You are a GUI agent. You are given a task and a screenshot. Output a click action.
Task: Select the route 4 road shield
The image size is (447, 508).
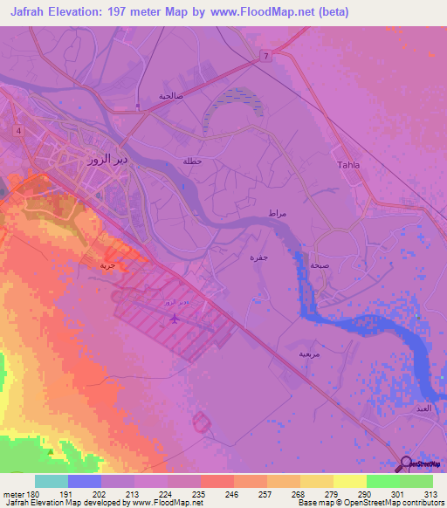[17, 130]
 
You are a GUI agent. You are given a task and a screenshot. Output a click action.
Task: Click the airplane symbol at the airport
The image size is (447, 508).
[174, 318]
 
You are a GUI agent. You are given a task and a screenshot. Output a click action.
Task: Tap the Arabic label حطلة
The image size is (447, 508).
[191, 161]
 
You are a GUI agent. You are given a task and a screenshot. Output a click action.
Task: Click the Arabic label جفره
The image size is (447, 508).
[259, 257]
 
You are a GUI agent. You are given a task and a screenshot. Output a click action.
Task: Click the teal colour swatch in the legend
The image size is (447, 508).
[51, 481]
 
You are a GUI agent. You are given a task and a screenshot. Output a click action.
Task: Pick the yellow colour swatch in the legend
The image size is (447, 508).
[350, 481]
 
